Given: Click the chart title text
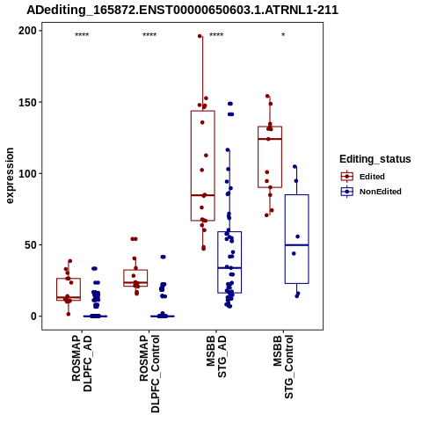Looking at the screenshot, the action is [x=182, y=10].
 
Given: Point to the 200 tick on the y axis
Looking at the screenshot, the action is [x=27, y=31].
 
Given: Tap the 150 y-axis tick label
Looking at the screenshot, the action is [x=27, y=102].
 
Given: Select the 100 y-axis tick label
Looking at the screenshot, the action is [x=27, y=173].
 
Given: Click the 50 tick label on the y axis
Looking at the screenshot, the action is [x=31, y=245].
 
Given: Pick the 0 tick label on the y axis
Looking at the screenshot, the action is [x=34, y=316].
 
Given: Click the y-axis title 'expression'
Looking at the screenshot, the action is [x=10, y=176].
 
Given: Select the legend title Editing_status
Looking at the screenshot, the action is [x=375, y=159].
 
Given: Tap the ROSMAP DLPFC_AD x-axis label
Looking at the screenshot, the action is [x=82, y=363].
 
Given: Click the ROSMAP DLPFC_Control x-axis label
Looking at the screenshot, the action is [x=149, y=374].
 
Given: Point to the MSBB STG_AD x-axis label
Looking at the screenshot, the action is [x=216, y=357].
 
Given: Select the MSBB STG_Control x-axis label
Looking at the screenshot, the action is [x=283, y=367].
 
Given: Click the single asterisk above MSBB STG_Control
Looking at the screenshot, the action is [x=283, y=35].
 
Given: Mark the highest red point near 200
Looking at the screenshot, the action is [x=200, y=36].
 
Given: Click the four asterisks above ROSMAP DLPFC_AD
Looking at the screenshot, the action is [x=82, y=35].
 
